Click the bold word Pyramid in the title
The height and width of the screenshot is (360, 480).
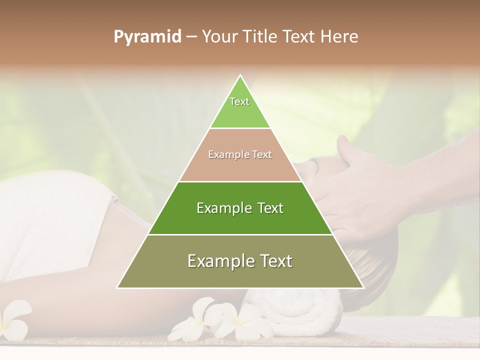(x=147, y=37)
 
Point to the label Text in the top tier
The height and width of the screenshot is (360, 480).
(x=239, y=101)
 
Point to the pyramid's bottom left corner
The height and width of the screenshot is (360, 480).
(x=117, y=287)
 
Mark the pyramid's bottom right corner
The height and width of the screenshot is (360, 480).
(x=363, y=287)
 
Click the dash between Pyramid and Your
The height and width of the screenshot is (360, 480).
(x=191, y=37)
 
